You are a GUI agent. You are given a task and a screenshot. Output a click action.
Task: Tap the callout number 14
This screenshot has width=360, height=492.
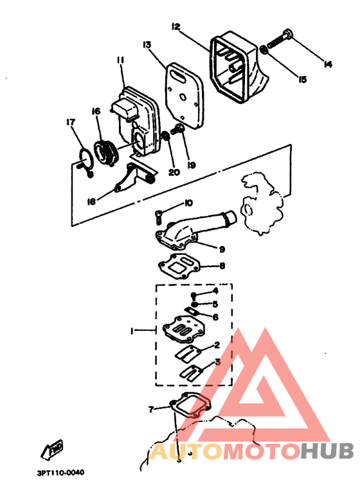pos(328,64)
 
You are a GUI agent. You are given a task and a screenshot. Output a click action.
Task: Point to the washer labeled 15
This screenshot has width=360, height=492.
pos(264,49)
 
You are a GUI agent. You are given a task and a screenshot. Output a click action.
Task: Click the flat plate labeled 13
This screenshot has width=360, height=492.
pos(184,95)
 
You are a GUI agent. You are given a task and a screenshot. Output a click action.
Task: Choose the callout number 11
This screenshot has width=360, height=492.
pos(120,60)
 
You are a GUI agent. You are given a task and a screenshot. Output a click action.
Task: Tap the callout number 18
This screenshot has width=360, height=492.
pos(91,202)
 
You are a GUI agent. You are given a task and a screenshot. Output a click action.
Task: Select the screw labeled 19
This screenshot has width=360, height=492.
pos(177,129)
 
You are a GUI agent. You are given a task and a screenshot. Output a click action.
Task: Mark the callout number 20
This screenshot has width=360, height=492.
pos(174,173)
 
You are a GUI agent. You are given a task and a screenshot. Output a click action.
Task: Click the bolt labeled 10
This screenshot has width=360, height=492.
pos(159,217)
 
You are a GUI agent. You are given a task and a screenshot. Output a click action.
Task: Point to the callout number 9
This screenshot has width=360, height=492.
pos(222,249)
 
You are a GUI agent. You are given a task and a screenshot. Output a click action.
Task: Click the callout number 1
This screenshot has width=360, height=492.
pos(132,330)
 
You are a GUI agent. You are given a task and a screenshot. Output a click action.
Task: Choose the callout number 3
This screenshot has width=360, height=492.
pos(218,362)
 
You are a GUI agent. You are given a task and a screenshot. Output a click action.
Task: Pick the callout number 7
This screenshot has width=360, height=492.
pos(151,409)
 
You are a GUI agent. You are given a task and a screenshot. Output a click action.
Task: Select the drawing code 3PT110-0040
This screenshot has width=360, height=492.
pos(60,473)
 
